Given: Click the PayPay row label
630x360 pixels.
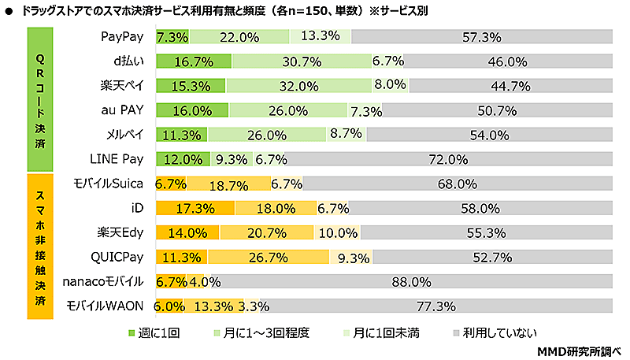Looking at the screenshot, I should click(121, 37).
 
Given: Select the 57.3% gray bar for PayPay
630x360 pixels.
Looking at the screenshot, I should click(482, 37).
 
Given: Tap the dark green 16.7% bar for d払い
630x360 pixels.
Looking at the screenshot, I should click(194, 61).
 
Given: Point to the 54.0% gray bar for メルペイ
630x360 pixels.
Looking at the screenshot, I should click(490, 135).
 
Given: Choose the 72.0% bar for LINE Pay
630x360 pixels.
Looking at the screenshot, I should click(450, 159).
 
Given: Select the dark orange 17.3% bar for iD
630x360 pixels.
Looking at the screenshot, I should click(195, 208).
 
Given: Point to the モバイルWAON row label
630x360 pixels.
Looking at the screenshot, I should click(105, 306).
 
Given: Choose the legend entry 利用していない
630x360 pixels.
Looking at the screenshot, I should click(492, 332).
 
